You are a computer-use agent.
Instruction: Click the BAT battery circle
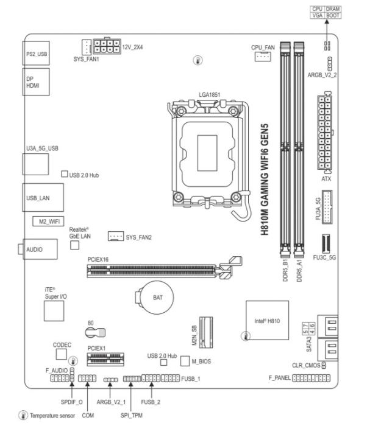point(157,298)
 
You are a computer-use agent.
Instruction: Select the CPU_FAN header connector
point(263,57)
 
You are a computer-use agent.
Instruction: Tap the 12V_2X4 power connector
point(107,46)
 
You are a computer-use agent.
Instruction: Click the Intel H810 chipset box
point(267,320)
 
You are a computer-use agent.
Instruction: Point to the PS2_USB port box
point(36,54)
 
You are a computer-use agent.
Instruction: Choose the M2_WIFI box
point(48,221)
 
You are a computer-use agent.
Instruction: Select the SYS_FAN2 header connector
point(116,236)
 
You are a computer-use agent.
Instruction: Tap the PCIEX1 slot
point(105,359)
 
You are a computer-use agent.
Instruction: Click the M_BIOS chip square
point(185,361)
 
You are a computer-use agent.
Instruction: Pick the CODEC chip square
point(61,354)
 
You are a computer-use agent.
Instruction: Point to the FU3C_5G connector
point(326,243)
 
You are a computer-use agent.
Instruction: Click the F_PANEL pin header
point(311,378)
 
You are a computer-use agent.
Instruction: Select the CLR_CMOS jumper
point(324,365)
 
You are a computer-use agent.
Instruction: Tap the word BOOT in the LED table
point(333,15)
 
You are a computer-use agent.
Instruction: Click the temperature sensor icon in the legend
point(23,415)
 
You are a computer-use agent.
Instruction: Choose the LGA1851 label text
point(209,94)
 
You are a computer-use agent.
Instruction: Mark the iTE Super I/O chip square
point(54,311)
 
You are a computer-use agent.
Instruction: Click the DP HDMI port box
point(36,82)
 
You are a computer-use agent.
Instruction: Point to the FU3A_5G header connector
point(327,207)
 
